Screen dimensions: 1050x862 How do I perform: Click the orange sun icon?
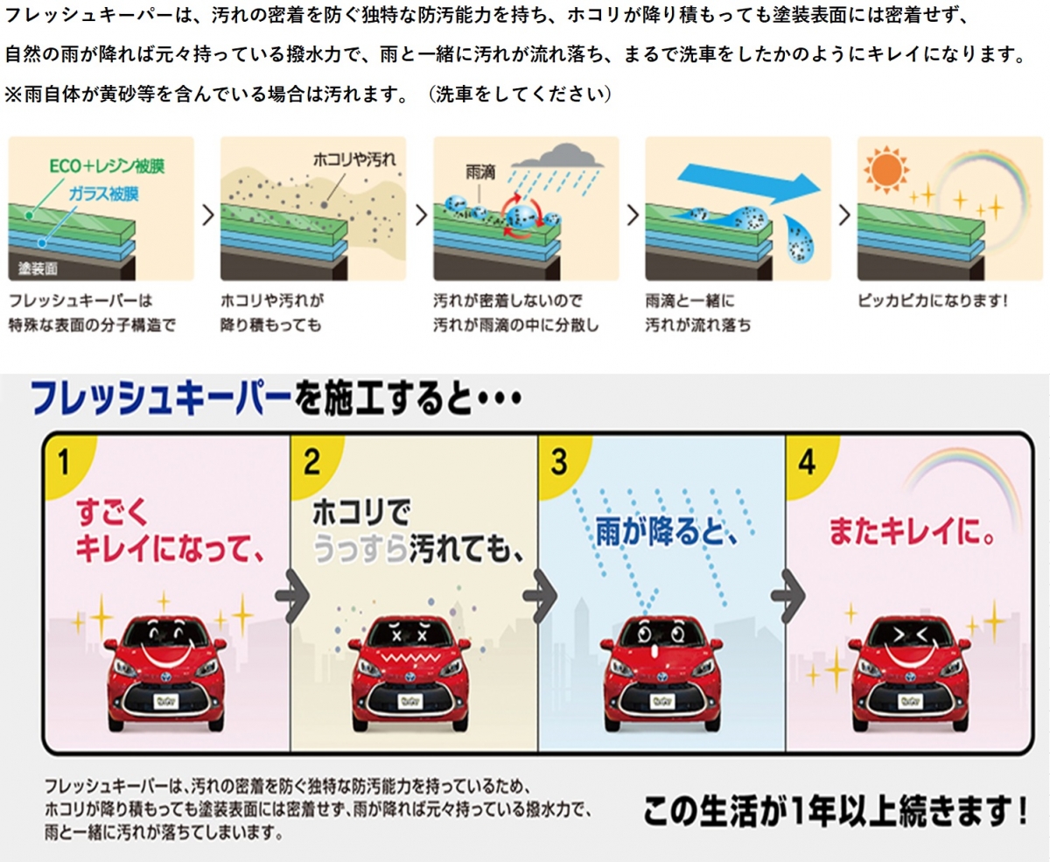coord(886,170)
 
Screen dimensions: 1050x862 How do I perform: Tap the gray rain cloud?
coord(558,156)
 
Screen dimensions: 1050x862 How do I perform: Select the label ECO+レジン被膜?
coord(107,165)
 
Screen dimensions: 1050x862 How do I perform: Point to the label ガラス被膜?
coord(103,193)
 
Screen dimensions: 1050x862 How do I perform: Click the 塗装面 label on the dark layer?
coord(38,269)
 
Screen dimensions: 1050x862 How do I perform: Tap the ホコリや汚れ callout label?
coord(354,159)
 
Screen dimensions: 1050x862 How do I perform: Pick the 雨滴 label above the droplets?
coord(480,172)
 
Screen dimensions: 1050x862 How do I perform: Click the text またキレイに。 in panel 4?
coord(911,531)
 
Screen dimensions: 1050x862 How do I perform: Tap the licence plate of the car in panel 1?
coord(166,702)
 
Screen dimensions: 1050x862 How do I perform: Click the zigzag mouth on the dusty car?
coord(410,658)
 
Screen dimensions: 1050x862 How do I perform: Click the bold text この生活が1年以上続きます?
coord(836,811)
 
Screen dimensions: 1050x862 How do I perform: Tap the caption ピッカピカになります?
coord(933,301)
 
